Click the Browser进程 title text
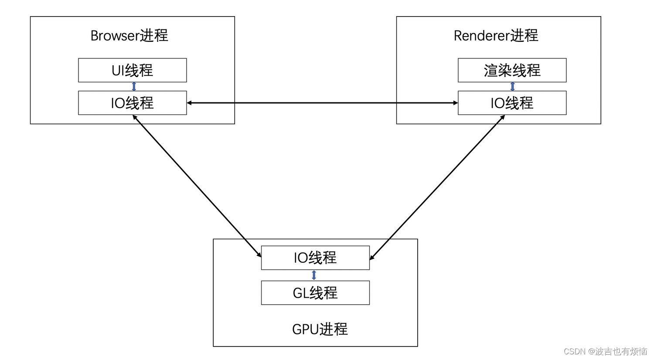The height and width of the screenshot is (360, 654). tap(129, 36)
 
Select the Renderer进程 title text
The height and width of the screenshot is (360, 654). tap(496, 36)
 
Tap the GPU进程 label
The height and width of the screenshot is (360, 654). tap(320, 329)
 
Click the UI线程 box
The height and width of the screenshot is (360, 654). tap(132, 70)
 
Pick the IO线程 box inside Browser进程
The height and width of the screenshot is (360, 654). tap(132, 103)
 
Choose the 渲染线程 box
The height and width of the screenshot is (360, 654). tap(512, 70)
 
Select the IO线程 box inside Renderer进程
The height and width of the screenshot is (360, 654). tap(512, 103)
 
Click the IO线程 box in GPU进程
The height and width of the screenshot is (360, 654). tap(315, 258)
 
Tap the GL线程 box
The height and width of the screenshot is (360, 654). tap(315, 293)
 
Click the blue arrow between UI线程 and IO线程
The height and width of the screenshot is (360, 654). tap(134, 86)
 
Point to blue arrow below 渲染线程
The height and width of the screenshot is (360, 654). tap(512, 86)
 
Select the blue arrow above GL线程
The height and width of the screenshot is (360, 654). tap(314, 275)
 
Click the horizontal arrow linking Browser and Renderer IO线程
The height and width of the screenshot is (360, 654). tap(322, 103)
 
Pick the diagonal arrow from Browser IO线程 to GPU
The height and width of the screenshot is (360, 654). tap(197, 186)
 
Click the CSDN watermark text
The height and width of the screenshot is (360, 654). tap(605, 351)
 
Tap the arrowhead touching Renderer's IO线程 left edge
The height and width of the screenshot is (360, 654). tap(455, 103)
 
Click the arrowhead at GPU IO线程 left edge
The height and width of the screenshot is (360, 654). tap(259, 255)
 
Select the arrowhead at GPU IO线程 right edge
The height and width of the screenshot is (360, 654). tap(371, 258)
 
